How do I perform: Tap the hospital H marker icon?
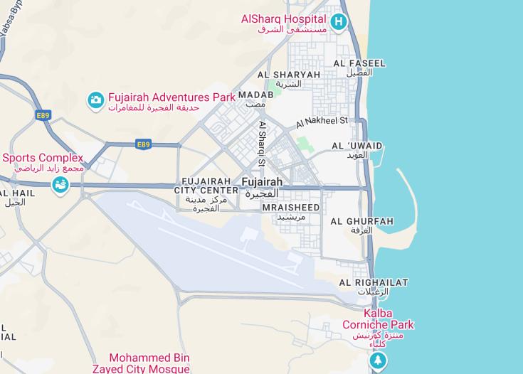click(339, 22)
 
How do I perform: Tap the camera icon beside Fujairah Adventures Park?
click(95, 101)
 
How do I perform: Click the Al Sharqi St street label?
click(262, 144)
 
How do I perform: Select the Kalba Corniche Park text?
click(378, 319)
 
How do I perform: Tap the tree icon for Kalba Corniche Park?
click(379, 361)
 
